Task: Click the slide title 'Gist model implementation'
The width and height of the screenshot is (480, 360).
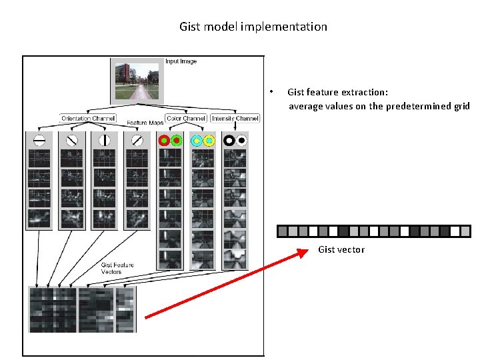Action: tap(253, 27)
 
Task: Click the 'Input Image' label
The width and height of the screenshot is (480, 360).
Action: tap(181, 61)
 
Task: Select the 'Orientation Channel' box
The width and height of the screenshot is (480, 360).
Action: tap(89, 119)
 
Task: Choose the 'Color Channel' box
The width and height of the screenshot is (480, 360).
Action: tap(186, 119)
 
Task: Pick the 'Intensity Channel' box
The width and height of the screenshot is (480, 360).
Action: tap(235, 119)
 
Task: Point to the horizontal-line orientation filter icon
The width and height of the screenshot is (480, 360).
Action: tap(39, 141)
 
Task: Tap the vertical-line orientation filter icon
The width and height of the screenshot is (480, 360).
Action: tap(104, 141)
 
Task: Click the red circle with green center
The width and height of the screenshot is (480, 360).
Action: tap(163, 141)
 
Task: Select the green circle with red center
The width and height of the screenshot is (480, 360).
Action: tap(176, 141)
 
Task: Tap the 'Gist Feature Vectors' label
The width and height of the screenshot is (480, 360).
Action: tap(117, 268)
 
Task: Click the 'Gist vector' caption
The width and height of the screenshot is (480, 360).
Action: tap(341, 249)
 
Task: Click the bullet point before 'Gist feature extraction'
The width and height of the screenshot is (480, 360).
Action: tap(271, 92)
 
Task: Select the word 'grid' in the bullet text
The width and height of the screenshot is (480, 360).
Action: tap(461, 107)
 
